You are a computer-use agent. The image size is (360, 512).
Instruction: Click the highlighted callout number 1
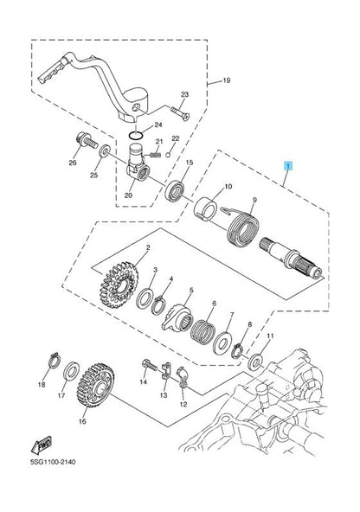point(288,166)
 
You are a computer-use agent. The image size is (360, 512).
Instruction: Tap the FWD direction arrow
point(42,445)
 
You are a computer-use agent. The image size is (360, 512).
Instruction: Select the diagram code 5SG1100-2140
point(53,462)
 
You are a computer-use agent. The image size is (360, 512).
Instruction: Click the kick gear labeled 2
point(119,285)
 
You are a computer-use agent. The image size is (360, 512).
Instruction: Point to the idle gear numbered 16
point(95,386)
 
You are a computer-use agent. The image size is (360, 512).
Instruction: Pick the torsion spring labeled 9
point(242,228)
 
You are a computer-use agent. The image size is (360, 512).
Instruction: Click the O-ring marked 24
point(136,135)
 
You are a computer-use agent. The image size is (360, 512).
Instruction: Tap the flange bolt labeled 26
point(87,141)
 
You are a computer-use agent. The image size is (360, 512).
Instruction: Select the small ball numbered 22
point(168,155)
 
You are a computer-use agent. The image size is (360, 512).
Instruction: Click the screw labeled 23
point(180,113)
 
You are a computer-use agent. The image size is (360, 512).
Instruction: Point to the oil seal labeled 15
point(175,191)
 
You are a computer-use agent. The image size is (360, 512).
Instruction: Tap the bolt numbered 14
point(150,364)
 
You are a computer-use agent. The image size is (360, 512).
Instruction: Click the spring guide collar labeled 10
point(206,209)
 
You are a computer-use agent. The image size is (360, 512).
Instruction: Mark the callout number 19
point(227,80)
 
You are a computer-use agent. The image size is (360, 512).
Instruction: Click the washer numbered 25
point(105,150)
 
